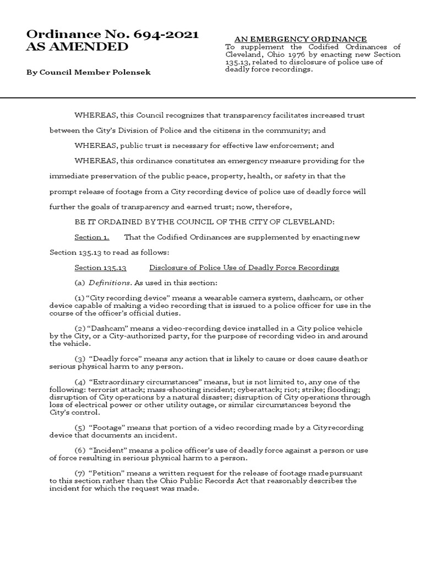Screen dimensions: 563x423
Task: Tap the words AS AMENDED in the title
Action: point(77,47)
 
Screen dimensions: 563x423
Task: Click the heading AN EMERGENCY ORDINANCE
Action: point(301,39)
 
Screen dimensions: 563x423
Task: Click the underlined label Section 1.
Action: point(92,237)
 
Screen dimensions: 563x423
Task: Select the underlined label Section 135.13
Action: point(101,268)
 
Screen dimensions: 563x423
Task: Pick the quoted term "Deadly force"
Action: point(113,359)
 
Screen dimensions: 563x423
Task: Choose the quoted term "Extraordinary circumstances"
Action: point(139,382)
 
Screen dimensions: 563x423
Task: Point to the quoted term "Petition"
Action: point(105,473)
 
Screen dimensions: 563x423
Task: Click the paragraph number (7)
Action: point(80,473)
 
